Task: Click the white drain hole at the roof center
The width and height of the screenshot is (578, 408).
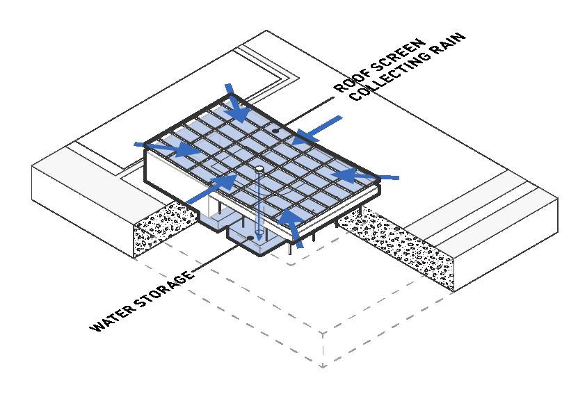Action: click(259, 169)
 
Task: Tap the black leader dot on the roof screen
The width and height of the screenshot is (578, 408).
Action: click(276, 129)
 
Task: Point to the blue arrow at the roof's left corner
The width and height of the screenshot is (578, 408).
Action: click(166, 147)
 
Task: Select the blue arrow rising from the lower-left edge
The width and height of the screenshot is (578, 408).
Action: click(213, 189)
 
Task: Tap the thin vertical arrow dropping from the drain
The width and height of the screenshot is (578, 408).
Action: click(259, 209)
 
